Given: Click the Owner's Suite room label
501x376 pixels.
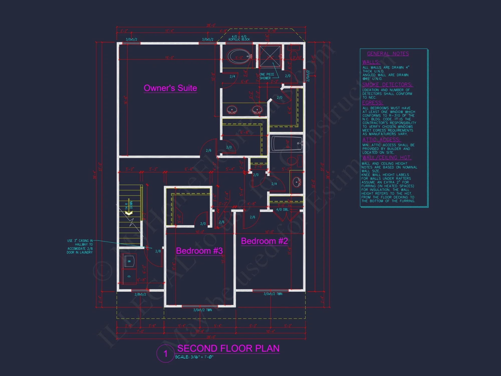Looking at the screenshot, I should click(170, 88).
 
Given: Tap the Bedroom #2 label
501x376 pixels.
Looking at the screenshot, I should click(264, 241).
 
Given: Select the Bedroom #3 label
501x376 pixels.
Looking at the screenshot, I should click(199, 251).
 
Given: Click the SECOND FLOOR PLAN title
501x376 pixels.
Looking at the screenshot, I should click(228, 348).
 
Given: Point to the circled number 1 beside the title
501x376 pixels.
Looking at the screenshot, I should click(165, 354).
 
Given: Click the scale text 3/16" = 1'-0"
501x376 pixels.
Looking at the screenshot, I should click(194, 357).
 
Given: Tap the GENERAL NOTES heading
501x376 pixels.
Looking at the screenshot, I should click(388, 54).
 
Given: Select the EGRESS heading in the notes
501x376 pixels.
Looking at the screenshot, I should click(372, 103).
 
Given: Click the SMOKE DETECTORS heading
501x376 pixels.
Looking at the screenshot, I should click(387, 85).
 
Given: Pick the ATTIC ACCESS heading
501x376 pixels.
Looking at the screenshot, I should click(381, 140).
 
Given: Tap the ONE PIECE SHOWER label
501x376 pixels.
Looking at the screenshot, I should click(267, 76).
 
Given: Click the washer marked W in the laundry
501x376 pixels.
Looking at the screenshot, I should click(129, 261).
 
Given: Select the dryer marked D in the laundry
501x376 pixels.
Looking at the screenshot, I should click(129, 276).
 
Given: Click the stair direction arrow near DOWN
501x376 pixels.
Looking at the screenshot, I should click(129, 213).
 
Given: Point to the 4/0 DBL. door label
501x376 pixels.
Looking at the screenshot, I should click(282, 210).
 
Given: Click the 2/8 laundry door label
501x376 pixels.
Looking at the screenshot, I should click(158, 251).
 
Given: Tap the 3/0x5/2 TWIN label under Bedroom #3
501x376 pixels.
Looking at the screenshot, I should click(202, 310).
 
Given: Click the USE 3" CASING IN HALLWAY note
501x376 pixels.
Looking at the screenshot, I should click(80, 246).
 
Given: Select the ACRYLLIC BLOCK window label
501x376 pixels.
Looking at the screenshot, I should click(239, 40).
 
